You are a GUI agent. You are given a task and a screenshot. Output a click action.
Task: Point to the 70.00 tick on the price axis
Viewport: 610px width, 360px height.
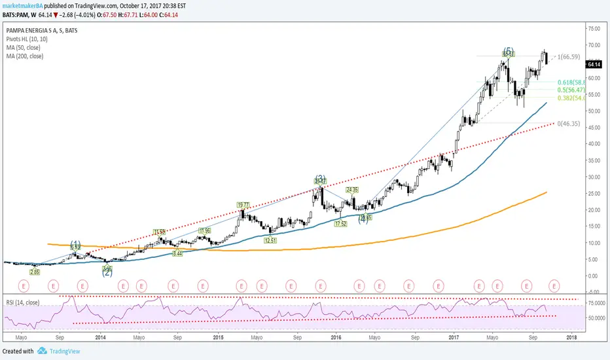(x=594, y=45)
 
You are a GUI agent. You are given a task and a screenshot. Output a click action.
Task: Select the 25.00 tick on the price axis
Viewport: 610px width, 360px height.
(x=594, y=193)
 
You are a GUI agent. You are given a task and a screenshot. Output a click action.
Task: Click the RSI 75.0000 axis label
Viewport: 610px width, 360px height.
(x=596, y=304)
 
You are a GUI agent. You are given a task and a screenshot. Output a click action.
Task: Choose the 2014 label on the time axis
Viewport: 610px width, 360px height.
(x=101, y=338)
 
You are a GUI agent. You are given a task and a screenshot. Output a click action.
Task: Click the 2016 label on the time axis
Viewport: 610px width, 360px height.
(x=337, y=338)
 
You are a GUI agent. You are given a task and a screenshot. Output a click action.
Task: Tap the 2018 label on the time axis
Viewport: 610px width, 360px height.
(x=571, y=338)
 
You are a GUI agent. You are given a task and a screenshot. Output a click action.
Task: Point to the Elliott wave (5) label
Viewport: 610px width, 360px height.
(x=508, y=51)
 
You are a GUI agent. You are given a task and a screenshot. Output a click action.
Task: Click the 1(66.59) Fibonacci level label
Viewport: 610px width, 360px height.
(x=566, y=57)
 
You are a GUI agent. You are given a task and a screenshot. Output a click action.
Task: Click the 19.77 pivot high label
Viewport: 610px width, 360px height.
(x=243, y=205)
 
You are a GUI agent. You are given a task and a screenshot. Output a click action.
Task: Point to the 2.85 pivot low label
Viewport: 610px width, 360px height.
(x=37, y=270)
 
